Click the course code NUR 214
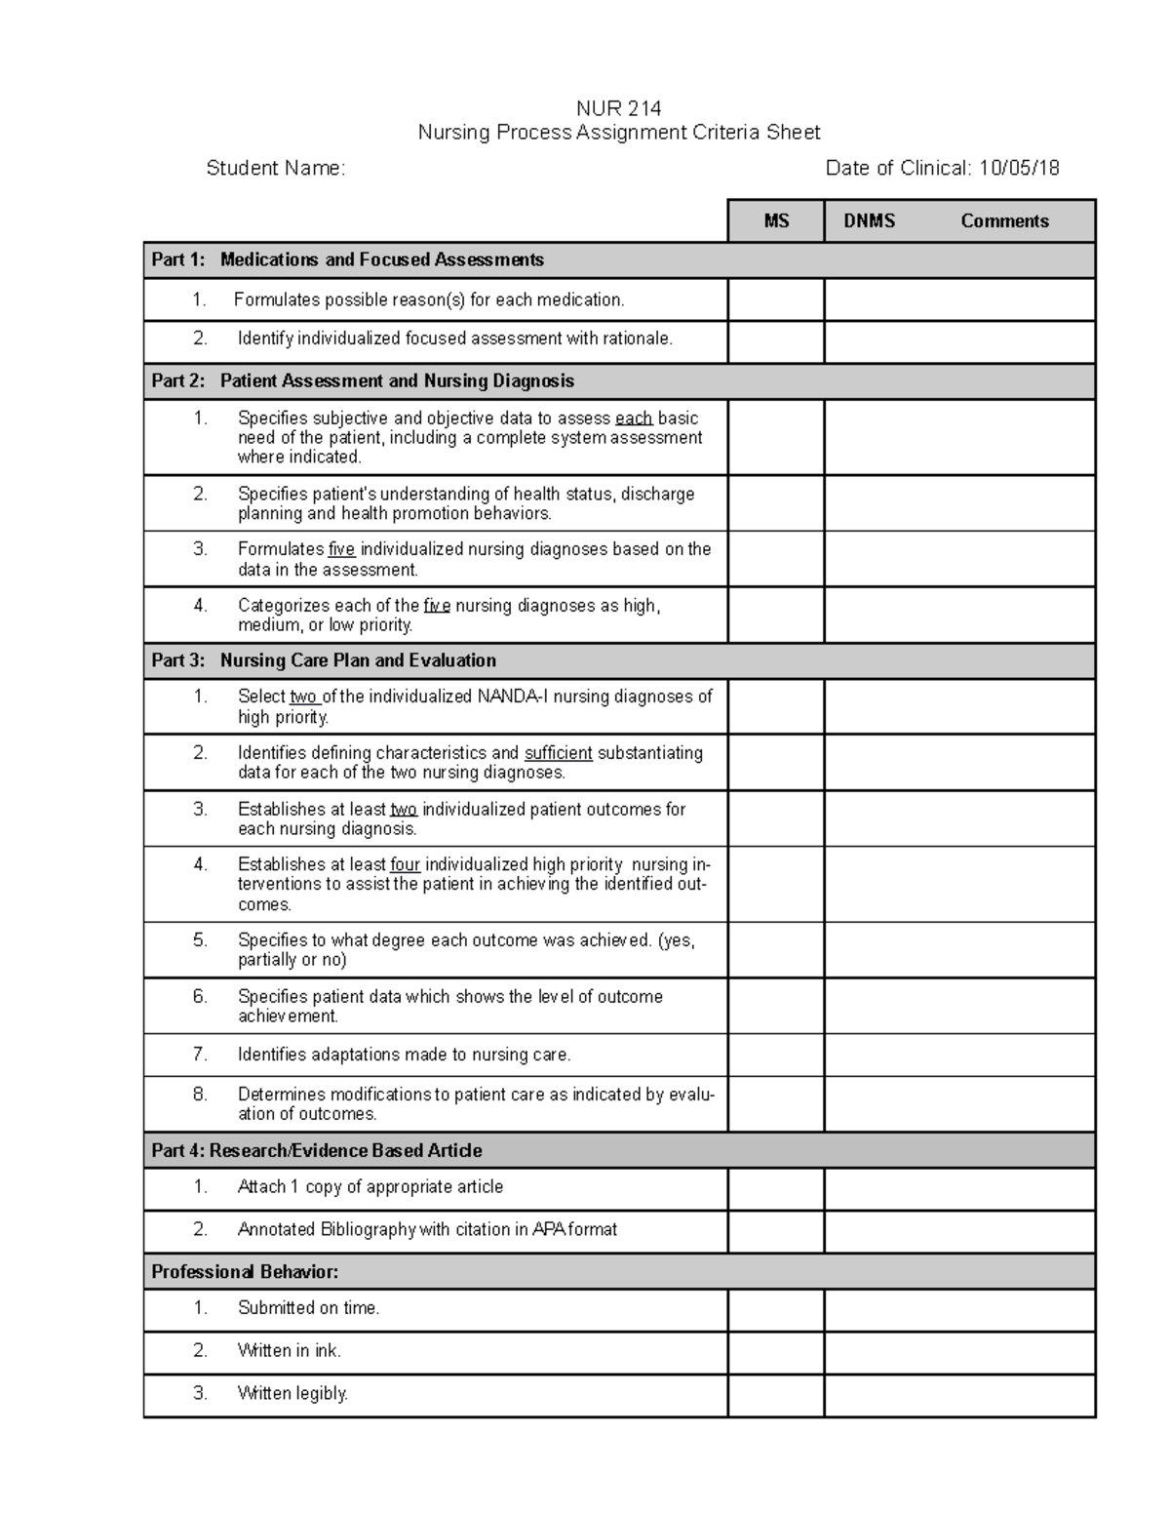click(618, 107)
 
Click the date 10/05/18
click(1019, 168)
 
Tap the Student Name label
click(275, 168)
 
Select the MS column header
click(776, 220)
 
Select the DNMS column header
click(869, 220)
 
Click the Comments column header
click(1004, 220)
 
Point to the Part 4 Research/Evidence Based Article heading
click(317, 1150)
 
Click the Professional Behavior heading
click(245, 1271)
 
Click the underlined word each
click(634, 418)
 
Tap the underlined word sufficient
click(558, 752)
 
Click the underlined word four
click(405, 863)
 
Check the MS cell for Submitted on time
click(775, 1309)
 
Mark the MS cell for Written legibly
click(775, 1395)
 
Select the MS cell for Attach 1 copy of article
click(775, 1188)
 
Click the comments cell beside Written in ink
click(959, 1352)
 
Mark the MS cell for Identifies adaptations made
click(775, 1055)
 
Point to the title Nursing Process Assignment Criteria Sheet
click(618, 133)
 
